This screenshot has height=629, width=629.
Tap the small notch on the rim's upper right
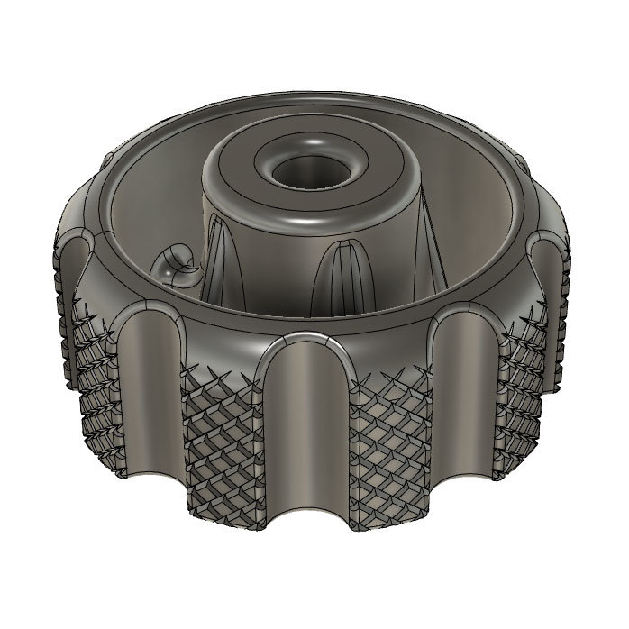click(522, 162)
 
